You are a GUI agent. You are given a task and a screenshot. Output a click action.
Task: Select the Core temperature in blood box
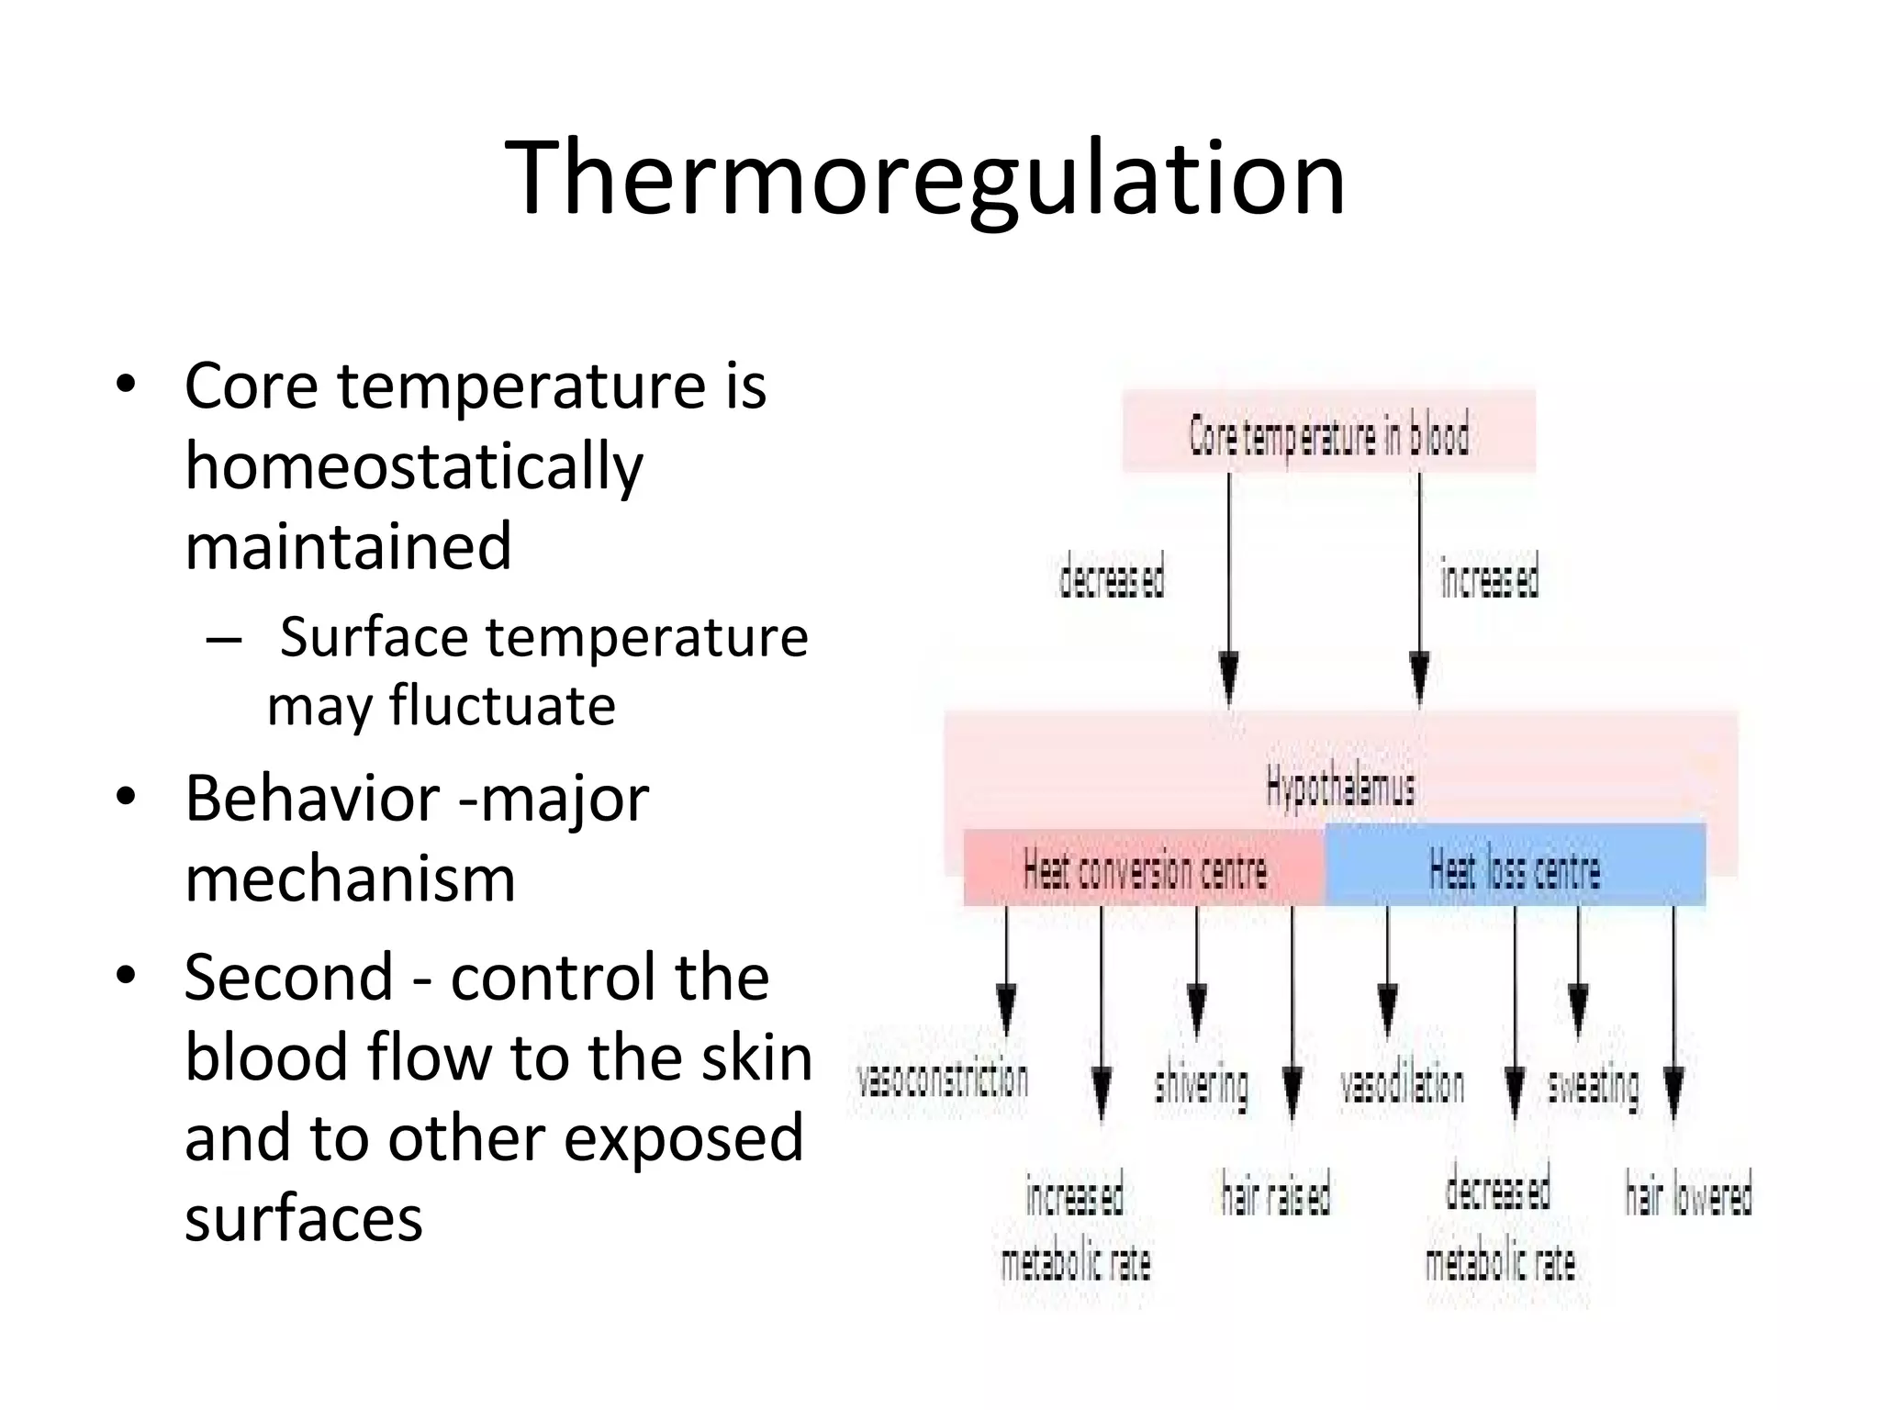1328,432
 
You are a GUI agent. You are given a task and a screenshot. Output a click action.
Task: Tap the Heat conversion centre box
1144,869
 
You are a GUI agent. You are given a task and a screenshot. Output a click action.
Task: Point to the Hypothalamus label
1340,787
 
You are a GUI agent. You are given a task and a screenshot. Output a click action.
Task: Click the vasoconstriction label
943,1080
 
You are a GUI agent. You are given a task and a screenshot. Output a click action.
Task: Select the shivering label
1201,1087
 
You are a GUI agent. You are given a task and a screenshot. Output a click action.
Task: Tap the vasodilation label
1402,1085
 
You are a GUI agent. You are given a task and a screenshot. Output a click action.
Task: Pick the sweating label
1593,1087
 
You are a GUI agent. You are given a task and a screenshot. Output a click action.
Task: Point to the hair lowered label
1688,1194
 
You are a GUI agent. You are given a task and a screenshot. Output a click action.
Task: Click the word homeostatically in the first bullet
414,467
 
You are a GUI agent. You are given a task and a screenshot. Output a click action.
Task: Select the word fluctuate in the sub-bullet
502,706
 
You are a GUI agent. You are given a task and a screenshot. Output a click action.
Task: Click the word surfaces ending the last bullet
304,1218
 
